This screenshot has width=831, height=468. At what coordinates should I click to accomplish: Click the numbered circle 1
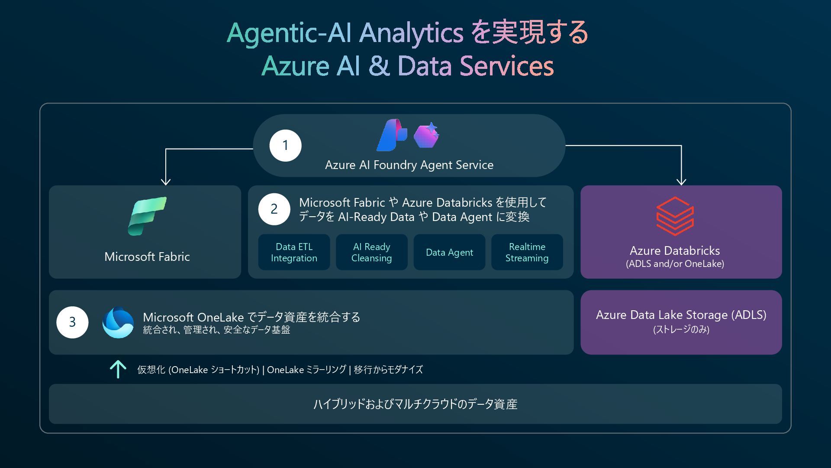[x=285, y=146]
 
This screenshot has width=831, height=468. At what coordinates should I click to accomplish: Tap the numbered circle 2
[x=274, y=209]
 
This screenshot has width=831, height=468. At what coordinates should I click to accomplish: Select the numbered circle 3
[x=72, y=322]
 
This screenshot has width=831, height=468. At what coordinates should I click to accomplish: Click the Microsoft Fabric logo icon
[x=147, y=216]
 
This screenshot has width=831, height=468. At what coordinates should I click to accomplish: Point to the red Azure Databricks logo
[x=675, y=216]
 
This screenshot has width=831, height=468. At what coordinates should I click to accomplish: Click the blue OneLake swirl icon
[x=118, y=322]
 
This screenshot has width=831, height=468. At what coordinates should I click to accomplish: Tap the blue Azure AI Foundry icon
[x=391, y=135]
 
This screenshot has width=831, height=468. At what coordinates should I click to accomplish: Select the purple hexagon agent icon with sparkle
[x=426, y=135]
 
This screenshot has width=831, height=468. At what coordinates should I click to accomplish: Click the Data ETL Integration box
[x=294, y=252]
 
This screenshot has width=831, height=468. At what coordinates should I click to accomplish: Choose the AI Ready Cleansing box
[x=371, y=252]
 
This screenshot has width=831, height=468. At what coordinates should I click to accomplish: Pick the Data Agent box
[x=449, y=252]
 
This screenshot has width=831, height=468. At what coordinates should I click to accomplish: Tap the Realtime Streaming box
[x=527, y=252]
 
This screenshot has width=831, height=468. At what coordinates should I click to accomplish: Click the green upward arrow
[x=118, y=369]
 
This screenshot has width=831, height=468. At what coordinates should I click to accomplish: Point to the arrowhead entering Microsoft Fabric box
[x=165, y=181]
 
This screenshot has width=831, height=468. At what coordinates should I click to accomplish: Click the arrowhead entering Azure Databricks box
[x=681, y=181]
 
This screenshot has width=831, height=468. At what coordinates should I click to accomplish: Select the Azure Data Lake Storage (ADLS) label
[x=681, y=315]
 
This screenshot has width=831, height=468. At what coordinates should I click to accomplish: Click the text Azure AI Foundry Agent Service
[x=409, y=165]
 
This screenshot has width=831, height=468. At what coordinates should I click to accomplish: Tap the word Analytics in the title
[x=411, y=33]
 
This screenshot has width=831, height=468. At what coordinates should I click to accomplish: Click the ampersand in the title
[x=379, y=66]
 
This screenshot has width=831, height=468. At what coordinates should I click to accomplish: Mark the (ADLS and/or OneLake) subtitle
[x=675, y=264]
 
